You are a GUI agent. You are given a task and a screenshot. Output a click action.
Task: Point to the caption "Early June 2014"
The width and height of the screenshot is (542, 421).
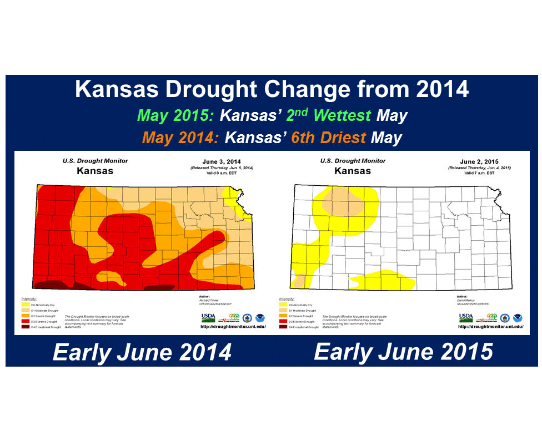coord(142,352)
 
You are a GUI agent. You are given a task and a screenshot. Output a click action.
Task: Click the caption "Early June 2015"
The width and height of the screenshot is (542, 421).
coord(403,352)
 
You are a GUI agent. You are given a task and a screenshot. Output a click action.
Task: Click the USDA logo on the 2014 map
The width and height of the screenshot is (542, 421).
coord(208,318)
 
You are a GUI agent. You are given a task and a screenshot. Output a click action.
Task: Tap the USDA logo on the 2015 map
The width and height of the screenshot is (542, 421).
coord(466,318)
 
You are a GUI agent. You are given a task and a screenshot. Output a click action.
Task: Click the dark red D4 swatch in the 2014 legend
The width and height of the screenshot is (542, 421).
coord(25,327)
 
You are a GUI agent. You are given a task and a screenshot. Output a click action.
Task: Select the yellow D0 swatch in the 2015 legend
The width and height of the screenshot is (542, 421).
coord(283,305)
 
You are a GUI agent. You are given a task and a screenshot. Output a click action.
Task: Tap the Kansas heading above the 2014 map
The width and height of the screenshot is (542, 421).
coord(94,170)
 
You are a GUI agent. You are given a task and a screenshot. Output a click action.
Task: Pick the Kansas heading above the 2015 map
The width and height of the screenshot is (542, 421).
coord(353,170)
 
